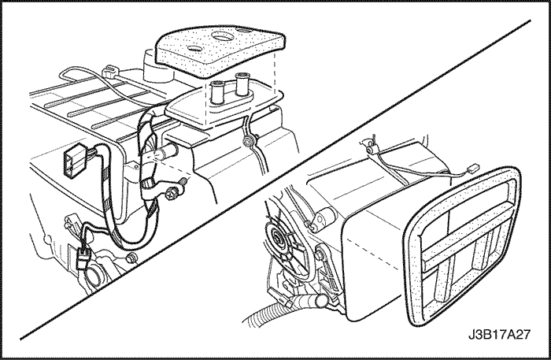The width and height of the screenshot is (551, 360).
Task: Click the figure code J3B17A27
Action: click(498, 334)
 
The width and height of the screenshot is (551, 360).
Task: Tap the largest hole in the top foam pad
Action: click(221, 36)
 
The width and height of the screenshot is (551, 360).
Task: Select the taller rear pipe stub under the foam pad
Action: click(242, 84)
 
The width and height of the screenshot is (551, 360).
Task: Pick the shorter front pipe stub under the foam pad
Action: click(217, 92)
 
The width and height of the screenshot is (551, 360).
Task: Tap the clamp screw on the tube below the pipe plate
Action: click(248, 142)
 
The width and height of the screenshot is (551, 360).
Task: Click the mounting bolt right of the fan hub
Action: click(320, 254)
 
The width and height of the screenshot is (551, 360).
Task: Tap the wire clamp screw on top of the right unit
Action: click(368, 150)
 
